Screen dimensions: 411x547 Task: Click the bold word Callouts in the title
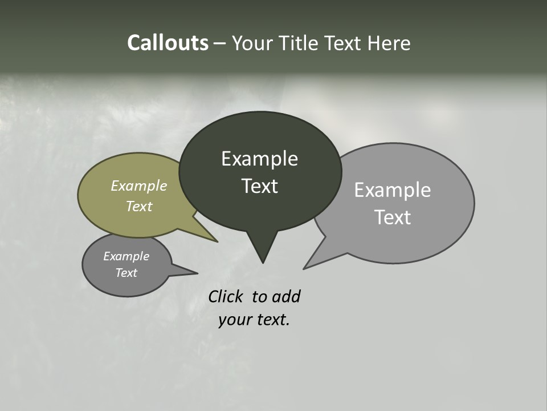[x=168, y=43]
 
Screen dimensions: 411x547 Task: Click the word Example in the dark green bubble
[x=259, y=159]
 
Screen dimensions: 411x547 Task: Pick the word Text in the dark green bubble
[x=259, y=186]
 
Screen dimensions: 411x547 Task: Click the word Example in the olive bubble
[x=139, y=186]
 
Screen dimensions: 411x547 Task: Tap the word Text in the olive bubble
[x=139, y=206]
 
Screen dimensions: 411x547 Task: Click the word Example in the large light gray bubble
[x=393, y=190]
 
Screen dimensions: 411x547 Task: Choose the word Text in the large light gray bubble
[x=393, y=217]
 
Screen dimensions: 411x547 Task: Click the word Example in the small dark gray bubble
[x=126, y=256]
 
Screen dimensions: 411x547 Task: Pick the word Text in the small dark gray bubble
[x=126, y=273]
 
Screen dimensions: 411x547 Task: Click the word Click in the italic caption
[x=227, y=297]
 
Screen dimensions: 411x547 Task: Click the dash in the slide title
[x=220, y=43]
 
